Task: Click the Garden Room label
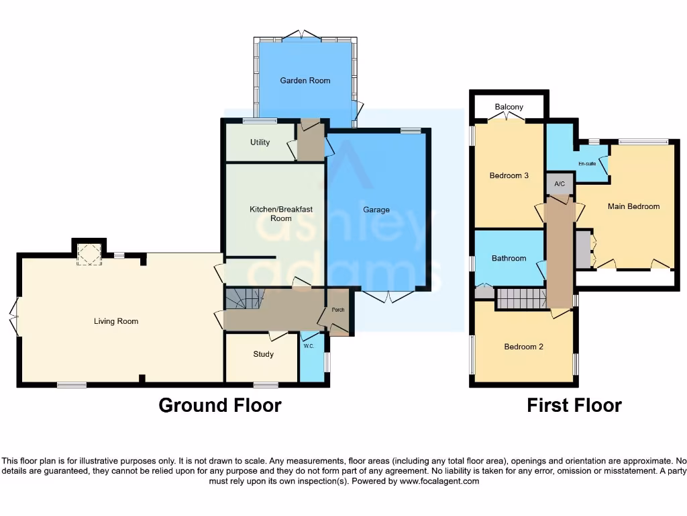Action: coord(305,81)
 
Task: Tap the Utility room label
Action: coord(260,142)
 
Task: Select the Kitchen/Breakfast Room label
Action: coord(281,214)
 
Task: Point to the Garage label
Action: coord(376,210)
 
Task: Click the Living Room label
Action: coord(116,321)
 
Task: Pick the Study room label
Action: coord(263,354)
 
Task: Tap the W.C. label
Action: coord(309,347)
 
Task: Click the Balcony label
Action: coord(509,107)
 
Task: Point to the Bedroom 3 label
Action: coord(509,176)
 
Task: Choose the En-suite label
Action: coord(587,163)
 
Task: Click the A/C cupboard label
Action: coord(559,183)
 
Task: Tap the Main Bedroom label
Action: coord(633,206)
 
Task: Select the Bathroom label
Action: coord(509,258)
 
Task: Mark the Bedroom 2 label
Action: coord(523,347)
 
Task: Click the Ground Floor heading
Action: coord(219,405)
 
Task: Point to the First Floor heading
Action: coord(574,405)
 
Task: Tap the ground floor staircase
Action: coord(244,298)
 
